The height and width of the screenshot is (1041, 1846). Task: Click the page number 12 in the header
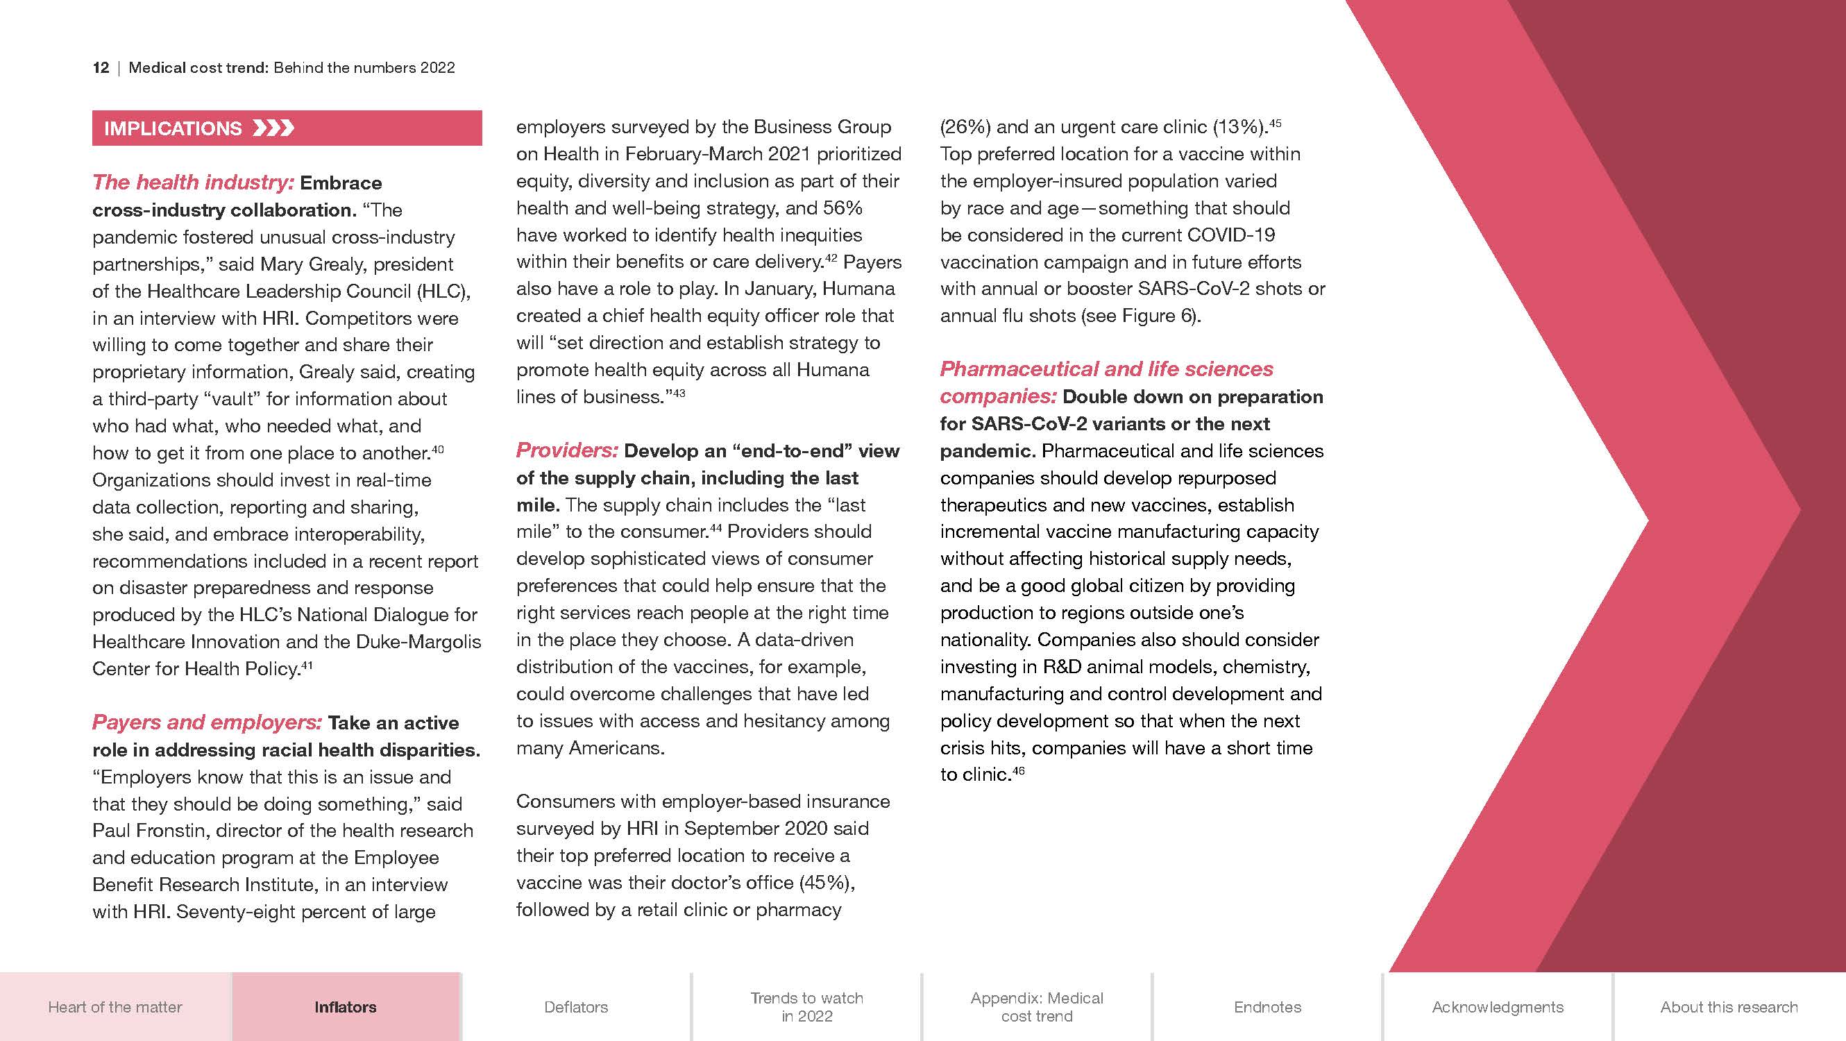(x=101, y=68)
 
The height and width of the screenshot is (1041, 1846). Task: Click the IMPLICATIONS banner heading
(x=173, y=129)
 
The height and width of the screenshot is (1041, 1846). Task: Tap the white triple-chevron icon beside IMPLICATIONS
(x=273, y=129)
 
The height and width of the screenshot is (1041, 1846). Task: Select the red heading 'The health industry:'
(x=193, y=183)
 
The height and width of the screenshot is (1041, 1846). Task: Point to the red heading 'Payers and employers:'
(x=207, y=722)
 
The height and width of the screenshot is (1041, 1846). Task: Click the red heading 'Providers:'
(x=567, y=450)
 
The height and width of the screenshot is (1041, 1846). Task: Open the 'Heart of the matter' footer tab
(x=115, y=1006)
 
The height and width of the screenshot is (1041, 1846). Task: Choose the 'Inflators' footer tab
(x=346, y=1006)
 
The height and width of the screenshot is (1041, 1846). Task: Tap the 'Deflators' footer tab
(x=576, y=1006)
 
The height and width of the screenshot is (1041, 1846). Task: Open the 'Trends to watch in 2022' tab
(x=807, y=1006)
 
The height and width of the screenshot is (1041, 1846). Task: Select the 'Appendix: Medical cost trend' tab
(x=1037, y=1006)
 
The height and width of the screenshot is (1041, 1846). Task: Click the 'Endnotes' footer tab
(x=1268, y=1006)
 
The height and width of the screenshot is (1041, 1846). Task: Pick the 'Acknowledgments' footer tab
(x=1498, y=1006)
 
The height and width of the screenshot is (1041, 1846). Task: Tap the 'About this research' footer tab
(x=1729, y=1006)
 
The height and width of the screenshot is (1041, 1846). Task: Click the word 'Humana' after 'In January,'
(x=858, y=289)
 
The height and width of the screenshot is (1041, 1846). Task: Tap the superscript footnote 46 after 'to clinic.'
(x=1018, y=771)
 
